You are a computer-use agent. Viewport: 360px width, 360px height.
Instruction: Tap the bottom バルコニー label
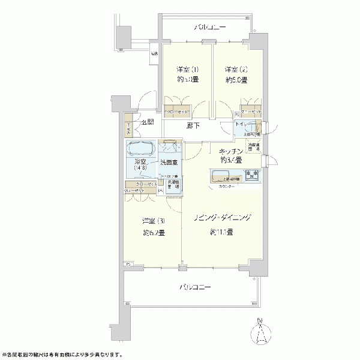196,287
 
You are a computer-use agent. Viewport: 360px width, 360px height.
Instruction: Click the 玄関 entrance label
148,122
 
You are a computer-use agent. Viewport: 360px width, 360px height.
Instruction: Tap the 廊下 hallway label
193,127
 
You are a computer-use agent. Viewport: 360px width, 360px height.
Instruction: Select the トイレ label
244,127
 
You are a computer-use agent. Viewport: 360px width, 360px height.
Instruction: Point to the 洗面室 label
170,163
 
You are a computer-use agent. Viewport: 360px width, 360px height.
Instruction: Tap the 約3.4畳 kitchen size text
230,161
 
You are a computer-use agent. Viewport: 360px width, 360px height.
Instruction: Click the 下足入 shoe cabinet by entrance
128,128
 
